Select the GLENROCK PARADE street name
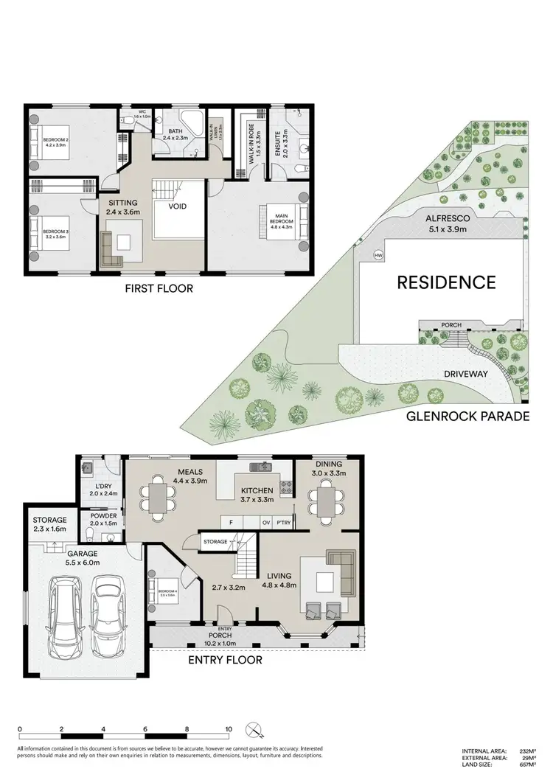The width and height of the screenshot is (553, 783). [468, 417]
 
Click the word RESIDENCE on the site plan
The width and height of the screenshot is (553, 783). [447, 282]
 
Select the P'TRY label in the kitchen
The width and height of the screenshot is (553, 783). [284, 523]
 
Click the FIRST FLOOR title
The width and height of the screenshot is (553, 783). [159, 288]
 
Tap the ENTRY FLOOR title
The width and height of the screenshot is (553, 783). [225, 660]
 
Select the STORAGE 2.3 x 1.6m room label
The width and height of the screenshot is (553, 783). [49, 524]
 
